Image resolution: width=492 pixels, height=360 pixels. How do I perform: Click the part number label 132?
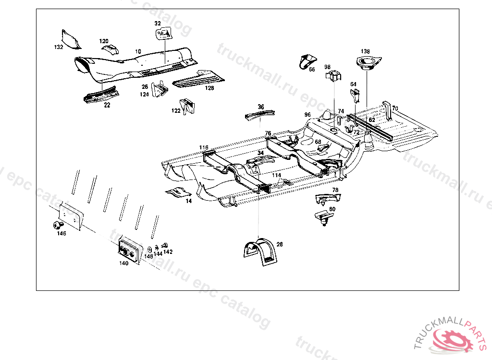(59, 47)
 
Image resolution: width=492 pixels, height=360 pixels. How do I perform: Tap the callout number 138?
(366, 51)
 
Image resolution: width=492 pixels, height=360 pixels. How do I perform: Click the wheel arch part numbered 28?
(259, 251)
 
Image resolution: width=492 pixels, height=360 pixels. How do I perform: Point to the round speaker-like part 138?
(368, 62)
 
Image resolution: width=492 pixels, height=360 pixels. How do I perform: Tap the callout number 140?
(124, 263)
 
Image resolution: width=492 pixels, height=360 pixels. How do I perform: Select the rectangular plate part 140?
(129, 250)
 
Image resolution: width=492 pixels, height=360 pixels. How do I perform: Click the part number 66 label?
(312, 70)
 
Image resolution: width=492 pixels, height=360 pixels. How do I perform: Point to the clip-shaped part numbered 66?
(306, 61)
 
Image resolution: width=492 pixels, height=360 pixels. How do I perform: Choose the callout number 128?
(209, 88)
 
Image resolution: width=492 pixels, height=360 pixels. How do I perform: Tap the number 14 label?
(189, 201)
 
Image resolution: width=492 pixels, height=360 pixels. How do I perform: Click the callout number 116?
(204, 147)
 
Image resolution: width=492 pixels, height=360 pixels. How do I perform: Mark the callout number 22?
(107, 105)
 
